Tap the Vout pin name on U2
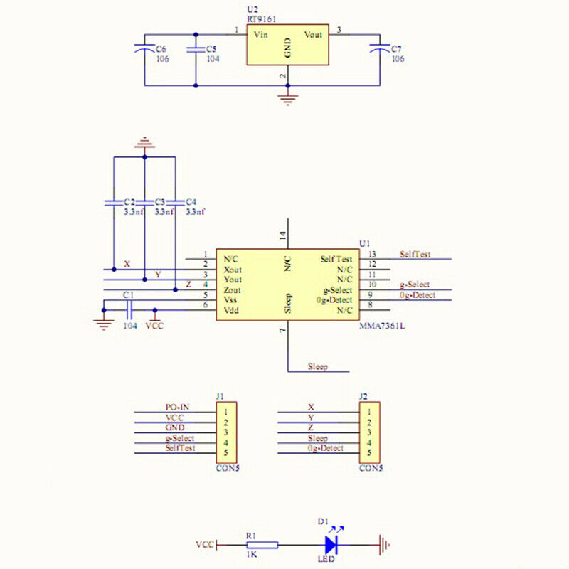click(x=313, y=33)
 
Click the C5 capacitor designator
click(x=211, y=48)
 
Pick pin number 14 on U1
click(x=282, y=237)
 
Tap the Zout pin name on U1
click(x=232, y=289)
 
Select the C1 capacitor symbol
click(x=129, y=309)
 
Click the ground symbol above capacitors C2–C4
click(x=144, y=143)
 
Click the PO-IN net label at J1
click(x=177, y=408)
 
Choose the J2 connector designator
click(x=363, y=396)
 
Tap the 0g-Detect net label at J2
click(x=326, y=448)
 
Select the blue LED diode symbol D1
click(x=331, y=545)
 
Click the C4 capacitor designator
click(x=191, y=202)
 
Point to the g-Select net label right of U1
click(x=414, y=284)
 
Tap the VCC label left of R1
click(x=205, y=545)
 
